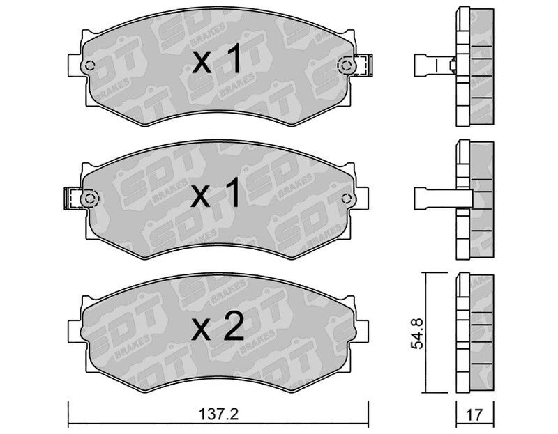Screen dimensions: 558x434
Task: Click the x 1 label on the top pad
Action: pos(217,60)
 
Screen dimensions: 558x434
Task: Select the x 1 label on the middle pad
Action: pos(216,193)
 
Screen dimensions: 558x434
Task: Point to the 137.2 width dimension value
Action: pos(218,414)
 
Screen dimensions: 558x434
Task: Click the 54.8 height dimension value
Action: pos(417,334)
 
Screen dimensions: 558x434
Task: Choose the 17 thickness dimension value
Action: pos(474,414)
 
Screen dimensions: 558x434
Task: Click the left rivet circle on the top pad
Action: pos(90,65)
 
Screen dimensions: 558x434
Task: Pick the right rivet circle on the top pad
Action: pos(345,65)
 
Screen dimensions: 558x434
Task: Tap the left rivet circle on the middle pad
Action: pos(89,199)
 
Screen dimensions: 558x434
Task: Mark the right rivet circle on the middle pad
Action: pos(345,199)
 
